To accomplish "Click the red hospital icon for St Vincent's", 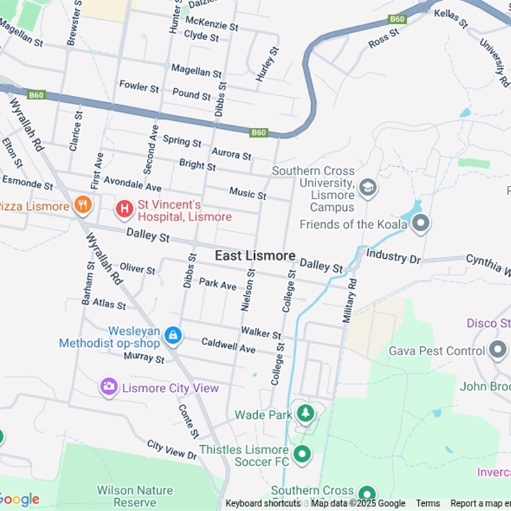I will coord(124,208).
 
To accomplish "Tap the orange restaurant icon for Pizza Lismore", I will coord(82,206).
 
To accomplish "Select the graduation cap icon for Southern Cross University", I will coord(368,188).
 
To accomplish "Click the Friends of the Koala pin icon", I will coord(421,224).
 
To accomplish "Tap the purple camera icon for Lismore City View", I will coord(109,386).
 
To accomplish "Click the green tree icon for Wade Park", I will coord(305,413).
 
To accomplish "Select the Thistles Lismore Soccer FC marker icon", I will coord(301,455).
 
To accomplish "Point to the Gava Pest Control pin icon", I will coord(498,350).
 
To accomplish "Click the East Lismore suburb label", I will coord(255,256).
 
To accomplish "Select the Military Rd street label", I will coord(349,300).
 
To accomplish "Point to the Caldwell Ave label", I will coord(228,346).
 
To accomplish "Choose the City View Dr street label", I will coord(172,450).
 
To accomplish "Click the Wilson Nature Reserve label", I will coord(135,496).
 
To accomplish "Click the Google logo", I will coord(20,500).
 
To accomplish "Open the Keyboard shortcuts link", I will coord(263,503).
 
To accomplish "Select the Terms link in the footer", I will coord(428,503).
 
